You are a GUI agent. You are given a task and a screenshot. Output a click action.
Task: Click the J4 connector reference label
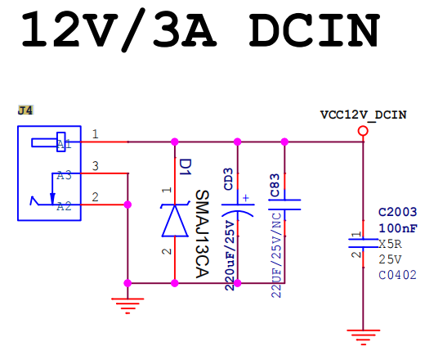tap(25, 110)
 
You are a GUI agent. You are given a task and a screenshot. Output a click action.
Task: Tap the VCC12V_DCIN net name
tap(363, 115)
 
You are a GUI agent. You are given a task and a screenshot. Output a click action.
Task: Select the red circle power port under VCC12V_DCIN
tap(363, 131)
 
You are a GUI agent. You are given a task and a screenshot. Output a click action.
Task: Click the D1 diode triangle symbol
tap(175, 220)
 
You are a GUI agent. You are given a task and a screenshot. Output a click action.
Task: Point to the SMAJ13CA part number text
tap(202, 234)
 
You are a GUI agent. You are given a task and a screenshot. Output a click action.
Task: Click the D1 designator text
tap(186, 167)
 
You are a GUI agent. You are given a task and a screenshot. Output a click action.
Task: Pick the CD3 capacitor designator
tap(228, 179)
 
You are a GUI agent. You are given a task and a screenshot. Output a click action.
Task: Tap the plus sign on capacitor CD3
tap(246, 198)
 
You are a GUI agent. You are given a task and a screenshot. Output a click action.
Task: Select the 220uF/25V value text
tap(230, 256)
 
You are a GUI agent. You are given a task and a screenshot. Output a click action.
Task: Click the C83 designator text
tap(275, 185)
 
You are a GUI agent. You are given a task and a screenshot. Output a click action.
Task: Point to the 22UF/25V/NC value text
tap(276, 254)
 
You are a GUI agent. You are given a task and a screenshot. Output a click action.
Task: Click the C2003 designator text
tap(398, 212)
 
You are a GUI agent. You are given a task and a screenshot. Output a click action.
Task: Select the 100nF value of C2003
tap(398, 228)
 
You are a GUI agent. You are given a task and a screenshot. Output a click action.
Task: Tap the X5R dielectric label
tap(390, 244)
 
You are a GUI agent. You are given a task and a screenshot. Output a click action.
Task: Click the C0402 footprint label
tap(397, 275)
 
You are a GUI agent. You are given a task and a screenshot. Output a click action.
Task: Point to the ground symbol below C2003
tap(363, 337)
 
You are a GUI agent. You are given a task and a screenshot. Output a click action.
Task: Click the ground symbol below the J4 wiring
tap(127, 306)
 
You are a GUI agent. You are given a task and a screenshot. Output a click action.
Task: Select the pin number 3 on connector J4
tap(95, 166)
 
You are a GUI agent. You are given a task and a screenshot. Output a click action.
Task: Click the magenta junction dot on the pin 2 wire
tap(127, 205)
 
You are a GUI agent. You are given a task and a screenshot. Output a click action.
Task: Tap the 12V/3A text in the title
tap(119, 29)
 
